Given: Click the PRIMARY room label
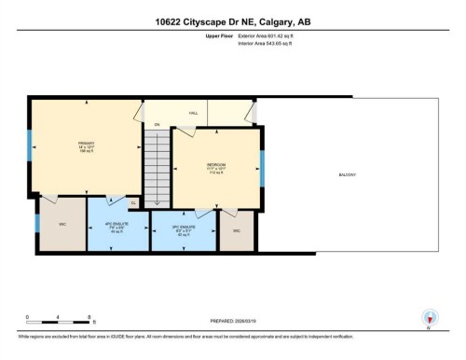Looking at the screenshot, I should (87, 144).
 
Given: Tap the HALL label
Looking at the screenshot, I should (194, 113).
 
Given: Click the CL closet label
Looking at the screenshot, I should (133, 202).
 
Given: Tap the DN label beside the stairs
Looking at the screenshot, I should (158, 124).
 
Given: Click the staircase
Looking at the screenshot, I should (158, 160).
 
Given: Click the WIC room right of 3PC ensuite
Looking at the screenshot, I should (237, 229).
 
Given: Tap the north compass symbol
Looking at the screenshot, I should (429, 318).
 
